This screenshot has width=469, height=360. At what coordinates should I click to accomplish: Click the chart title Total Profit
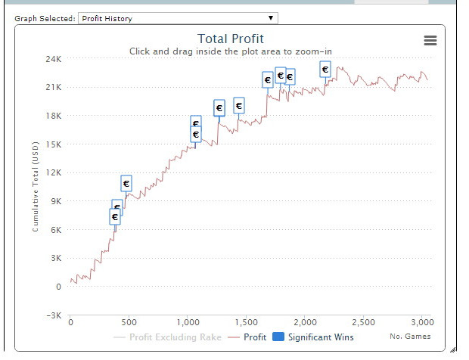tap(231, 39)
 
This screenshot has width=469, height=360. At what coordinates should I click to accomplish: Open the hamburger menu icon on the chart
tap(430, 41)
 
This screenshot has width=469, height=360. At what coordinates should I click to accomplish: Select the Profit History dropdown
tap(178, 18)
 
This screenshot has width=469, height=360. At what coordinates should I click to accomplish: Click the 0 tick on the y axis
tap(58, 287)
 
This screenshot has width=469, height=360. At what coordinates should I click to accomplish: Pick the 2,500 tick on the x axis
tap(363, 321)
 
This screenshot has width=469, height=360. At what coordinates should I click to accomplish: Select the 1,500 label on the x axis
tap(246, 321)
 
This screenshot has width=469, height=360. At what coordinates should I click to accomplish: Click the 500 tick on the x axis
tap(129, 321)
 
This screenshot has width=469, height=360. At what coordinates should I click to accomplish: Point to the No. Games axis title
tap(410, 337)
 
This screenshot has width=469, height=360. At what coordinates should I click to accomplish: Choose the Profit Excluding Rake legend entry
tap(168, 337)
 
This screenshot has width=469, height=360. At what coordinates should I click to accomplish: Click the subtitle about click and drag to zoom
tap(231, 51)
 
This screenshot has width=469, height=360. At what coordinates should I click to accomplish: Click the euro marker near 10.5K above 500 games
tap(126, 183)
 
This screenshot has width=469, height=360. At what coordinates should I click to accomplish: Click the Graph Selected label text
tap(45, 19)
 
